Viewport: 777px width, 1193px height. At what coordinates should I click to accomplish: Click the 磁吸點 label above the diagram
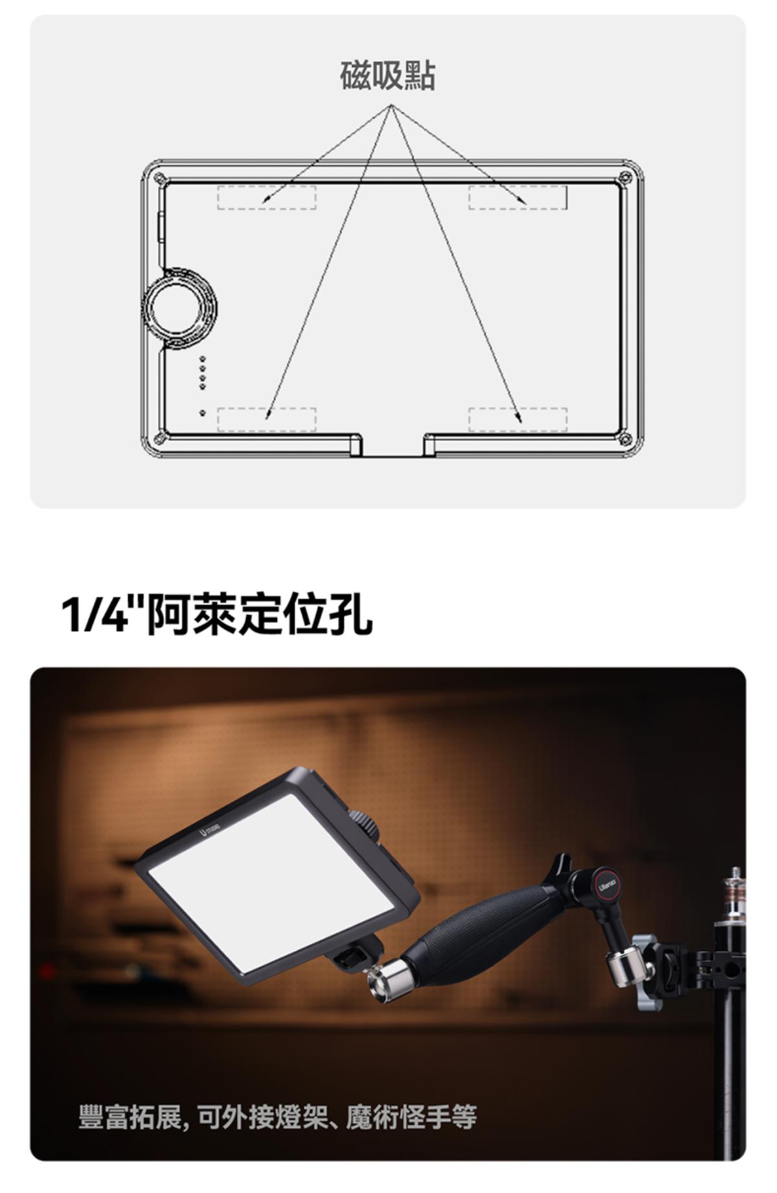(x=388, y=76)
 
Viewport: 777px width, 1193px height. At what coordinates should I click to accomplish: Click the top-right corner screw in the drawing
(x=624, y=178)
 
